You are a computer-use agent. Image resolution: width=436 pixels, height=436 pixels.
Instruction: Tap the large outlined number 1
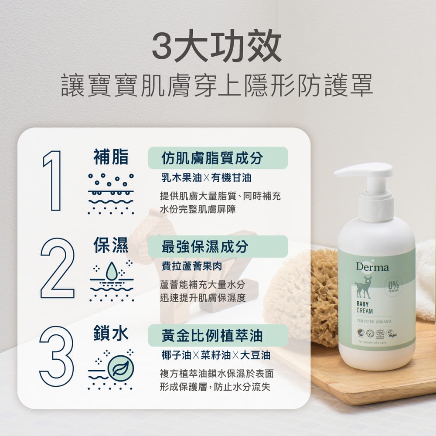pyautogui.click(x=52, y=181)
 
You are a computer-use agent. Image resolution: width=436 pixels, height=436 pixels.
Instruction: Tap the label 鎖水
pyautogui.click(x=111, y=334)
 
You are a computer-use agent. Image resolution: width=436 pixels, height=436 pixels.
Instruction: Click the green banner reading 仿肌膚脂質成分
pyautogui.click(x=218, y=158)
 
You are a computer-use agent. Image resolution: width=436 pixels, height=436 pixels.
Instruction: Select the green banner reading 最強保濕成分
pyautogui.click(x=218, y=246)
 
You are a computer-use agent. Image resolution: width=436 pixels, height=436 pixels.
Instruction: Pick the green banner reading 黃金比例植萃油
pyautogui.click(x=218, y=335)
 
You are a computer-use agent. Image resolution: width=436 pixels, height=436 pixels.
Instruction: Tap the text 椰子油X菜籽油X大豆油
pyautogui.click(x=216, y=355)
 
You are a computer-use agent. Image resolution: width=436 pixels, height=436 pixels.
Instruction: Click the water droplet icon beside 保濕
pyautogui.click(x=112, y=270)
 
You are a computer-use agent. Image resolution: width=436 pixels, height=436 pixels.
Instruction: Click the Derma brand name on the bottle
pyautogui.click(x=372, y=267)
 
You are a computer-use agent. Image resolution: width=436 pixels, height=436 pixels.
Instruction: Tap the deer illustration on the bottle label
pyautogui.click(x=363, y=287)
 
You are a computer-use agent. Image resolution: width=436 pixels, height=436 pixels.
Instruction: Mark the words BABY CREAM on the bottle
pyautogui.click(x=364, y=307)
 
